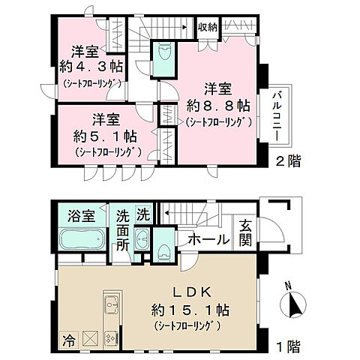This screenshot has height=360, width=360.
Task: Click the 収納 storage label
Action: tap(208, 27)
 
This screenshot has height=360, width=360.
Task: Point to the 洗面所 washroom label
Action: tap(123, 230)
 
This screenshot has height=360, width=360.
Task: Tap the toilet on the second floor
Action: tap(163, 54)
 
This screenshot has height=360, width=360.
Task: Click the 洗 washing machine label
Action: tap(143, 214)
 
